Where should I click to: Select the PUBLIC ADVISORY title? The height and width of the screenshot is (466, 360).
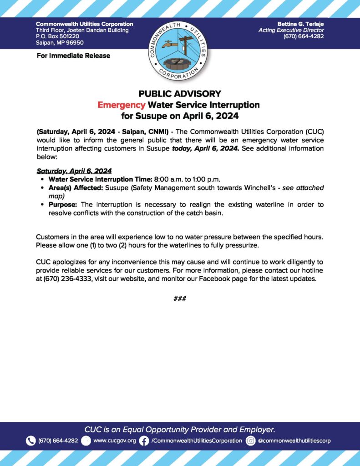click(180, 94)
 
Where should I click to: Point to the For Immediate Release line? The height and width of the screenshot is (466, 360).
click(73, 56)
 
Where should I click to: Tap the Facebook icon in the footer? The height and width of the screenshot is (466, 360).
click(144, 441)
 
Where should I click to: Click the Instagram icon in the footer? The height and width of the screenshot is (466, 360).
click(250, 441)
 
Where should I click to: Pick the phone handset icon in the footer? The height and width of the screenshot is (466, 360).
click(30, 441)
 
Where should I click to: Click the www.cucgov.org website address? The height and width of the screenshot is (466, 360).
click(115, 441)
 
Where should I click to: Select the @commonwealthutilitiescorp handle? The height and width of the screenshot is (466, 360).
click(294, 441)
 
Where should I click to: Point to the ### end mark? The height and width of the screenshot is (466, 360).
click(180, 299)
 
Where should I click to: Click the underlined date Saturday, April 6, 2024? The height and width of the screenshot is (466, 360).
click(74, 171)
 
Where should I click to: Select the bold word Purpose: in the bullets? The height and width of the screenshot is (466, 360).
click(63, 205)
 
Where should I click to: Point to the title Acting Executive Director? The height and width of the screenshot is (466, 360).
click(291, 30)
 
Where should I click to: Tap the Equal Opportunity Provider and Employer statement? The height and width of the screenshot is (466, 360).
click(180, 429)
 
